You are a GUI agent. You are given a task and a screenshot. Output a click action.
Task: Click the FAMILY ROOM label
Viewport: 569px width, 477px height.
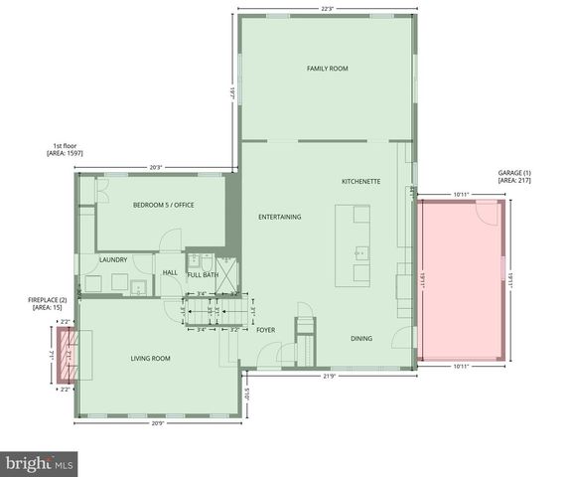(327, 69)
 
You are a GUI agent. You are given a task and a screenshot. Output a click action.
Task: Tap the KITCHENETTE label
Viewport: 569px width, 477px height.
(361, 182)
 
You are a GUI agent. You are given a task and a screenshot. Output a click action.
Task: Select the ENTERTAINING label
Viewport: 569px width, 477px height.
(279, 217)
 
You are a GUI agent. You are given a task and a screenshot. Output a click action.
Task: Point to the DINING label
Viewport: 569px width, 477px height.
(361, 339)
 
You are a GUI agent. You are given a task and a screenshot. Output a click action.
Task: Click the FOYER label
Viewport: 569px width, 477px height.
(265, 330)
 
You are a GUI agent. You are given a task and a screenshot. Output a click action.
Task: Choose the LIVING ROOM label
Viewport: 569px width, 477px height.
(151, 359)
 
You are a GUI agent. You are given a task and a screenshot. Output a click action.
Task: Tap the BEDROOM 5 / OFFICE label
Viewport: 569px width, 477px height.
(163, 205)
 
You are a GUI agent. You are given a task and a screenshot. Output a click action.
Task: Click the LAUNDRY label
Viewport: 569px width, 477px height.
(112, 260)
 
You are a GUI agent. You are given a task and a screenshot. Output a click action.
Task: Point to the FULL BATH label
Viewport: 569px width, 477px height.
(203, 274)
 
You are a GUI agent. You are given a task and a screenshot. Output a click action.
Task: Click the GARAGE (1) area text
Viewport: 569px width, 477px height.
(514, 176)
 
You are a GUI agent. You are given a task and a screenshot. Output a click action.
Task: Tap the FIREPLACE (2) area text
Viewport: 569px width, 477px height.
(48, 304)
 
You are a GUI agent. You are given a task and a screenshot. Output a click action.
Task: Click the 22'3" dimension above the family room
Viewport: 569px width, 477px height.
(327, 9)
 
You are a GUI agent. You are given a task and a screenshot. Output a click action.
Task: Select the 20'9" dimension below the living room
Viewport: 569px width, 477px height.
(157, 425)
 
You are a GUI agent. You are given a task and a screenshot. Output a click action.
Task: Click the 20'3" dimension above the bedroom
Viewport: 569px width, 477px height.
(155, 167)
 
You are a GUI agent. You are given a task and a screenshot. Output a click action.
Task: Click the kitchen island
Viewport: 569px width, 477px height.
(353, 244)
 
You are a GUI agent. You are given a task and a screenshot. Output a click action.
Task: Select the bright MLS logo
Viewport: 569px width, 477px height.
(40, 463)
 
